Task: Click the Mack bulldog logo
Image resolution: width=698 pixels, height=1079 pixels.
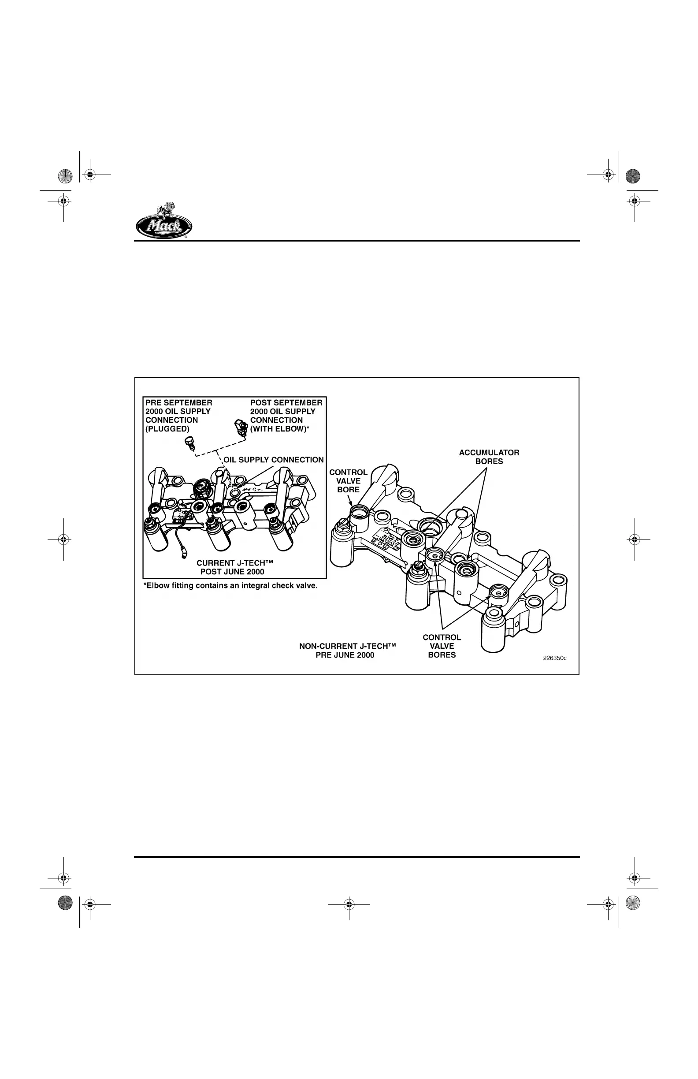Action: click(163, 221)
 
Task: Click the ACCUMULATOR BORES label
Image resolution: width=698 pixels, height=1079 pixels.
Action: click(489, 457)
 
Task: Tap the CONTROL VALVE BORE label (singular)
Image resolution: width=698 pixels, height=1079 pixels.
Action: click(348, 480)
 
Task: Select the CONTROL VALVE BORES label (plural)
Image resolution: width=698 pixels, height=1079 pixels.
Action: click(442, 646)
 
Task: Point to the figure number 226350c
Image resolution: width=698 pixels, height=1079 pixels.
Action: click(554, 658)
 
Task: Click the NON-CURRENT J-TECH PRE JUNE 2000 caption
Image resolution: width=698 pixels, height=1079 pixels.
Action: click(347, 650)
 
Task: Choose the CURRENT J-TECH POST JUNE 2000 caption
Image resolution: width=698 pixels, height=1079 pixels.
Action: click(234, 567)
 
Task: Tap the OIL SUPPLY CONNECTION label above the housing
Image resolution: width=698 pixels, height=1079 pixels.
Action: click(273, 460)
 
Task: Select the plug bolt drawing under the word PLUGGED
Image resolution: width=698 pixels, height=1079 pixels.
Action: click(190, 443)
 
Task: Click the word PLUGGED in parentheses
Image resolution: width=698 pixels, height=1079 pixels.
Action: click(167, 429)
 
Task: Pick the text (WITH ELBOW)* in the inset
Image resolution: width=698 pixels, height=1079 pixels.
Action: click(280, 429)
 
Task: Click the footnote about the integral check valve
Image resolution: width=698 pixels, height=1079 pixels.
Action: click(231, 586)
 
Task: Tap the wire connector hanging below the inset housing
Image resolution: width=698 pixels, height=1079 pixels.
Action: click(184, 553)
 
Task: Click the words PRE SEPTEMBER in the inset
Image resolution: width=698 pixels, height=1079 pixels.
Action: click(178, 402)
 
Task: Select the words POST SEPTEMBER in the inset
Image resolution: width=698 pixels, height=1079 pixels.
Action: click(286, 402)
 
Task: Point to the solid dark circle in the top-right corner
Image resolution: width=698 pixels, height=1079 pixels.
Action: click(633, 176)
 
